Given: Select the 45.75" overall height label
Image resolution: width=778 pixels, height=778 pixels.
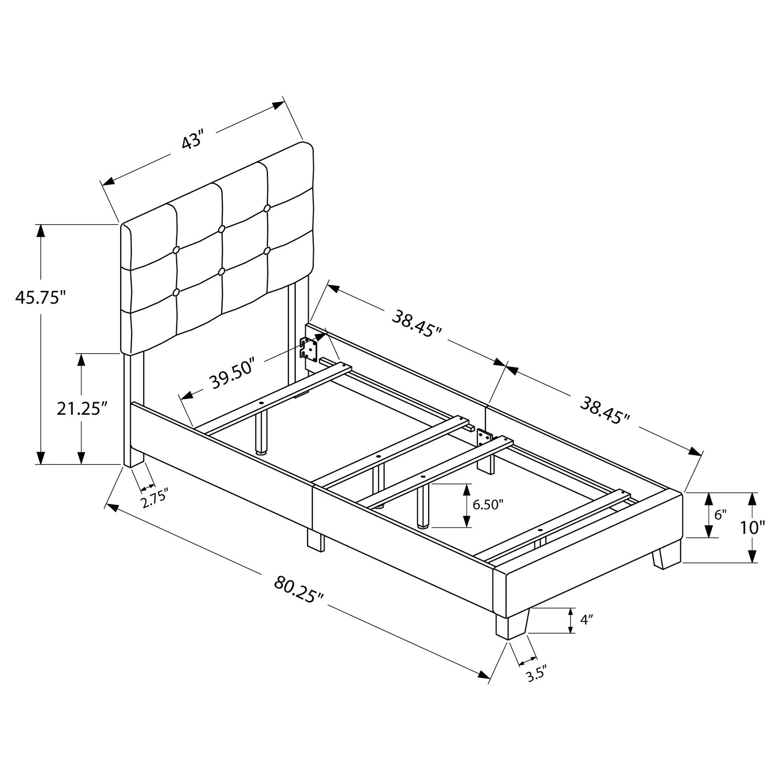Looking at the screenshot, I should [40, 298].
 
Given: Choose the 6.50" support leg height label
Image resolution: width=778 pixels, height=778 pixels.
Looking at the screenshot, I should [488, 505].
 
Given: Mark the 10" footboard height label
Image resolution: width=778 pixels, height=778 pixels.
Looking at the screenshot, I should [752, 527].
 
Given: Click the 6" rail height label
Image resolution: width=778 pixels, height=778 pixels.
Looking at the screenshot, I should [720, 515].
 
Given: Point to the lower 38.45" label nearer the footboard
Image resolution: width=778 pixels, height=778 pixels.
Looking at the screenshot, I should [605, 410].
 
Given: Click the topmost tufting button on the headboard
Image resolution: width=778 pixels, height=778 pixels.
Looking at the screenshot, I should [267, 208].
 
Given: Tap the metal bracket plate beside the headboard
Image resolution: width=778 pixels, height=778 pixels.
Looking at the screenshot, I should [310, 349].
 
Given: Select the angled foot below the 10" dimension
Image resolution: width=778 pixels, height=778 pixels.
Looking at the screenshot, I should [666, 559].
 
